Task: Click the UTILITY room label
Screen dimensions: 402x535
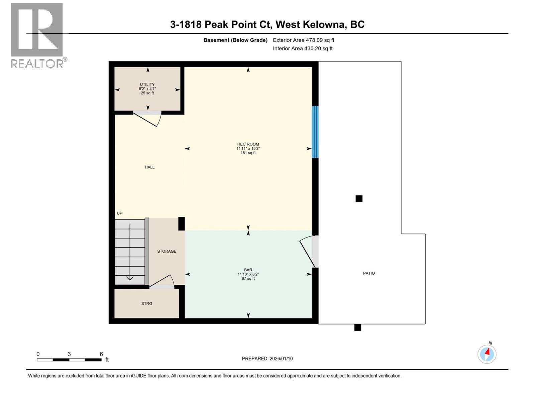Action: coord(147,85)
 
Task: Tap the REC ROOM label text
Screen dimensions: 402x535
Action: coord(248,144)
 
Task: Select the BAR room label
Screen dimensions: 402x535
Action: coord(248,270)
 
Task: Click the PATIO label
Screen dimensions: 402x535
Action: coord(369,273)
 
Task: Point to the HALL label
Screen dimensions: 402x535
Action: coord(149,167)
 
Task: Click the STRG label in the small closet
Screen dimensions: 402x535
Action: coord(146,304)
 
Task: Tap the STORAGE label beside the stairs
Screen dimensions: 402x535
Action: coord(167,251)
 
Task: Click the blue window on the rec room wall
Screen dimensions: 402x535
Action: coord(315,132)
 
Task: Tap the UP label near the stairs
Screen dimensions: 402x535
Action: coord(119,213)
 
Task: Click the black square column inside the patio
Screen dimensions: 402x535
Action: coord(359,199)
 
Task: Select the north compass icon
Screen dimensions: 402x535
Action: coord(487,354)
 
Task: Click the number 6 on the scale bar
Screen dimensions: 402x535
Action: coord(101,354)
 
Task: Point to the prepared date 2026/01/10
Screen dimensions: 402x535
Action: coord(267,358)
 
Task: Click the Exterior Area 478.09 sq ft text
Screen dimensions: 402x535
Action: coord(303,40)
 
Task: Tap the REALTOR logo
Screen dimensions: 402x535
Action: coord(37,35)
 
